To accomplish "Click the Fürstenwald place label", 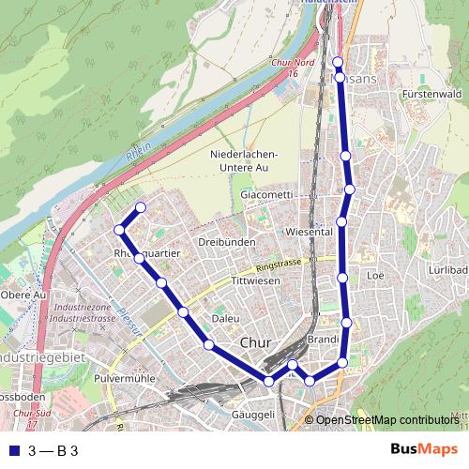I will tap(431, 94).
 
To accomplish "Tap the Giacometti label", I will tap(266, 194).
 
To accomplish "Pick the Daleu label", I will tap(225, 318).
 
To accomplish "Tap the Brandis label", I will tap(323, 339).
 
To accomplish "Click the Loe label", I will tap(377, 276).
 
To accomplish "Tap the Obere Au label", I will tap(23, 295).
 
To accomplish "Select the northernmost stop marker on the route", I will tap(338, 62).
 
